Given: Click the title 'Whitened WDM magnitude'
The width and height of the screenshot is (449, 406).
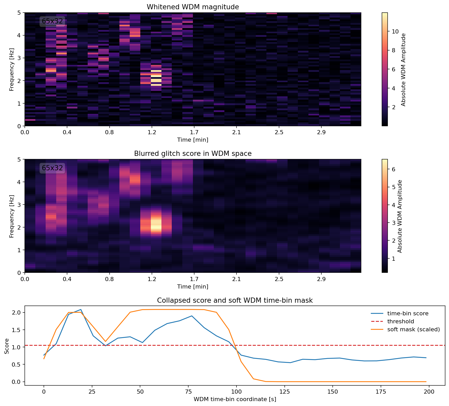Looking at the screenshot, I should pos(193,7).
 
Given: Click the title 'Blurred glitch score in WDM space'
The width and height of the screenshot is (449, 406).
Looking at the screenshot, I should pos(193,154).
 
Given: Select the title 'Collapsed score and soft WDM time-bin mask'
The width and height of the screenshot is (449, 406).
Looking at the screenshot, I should pos(235,301).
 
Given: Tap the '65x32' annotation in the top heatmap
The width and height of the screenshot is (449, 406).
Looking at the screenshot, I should pos(52,21).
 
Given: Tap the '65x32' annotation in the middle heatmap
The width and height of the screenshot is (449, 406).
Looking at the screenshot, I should pos(52,168).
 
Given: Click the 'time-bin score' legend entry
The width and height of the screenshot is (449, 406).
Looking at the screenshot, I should pos(407,314).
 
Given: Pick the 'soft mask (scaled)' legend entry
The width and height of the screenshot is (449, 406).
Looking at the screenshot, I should pos(413,329).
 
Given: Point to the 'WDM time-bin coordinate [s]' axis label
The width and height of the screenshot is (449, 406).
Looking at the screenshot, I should pos(235,399).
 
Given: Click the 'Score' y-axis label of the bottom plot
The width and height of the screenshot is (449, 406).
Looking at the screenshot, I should pos(7,346).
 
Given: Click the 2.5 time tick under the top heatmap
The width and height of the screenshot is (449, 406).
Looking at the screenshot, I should pos(279,132).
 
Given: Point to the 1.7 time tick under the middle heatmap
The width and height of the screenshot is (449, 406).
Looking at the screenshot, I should pos(194,279).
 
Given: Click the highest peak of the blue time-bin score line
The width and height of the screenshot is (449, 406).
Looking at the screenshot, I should pos(81,309).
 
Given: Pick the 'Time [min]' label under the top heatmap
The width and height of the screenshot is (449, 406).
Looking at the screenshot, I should pos(193,140).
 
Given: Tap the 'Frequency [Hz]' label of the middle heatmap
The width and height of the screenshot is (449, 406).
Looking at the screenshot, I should pos(11,216).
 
